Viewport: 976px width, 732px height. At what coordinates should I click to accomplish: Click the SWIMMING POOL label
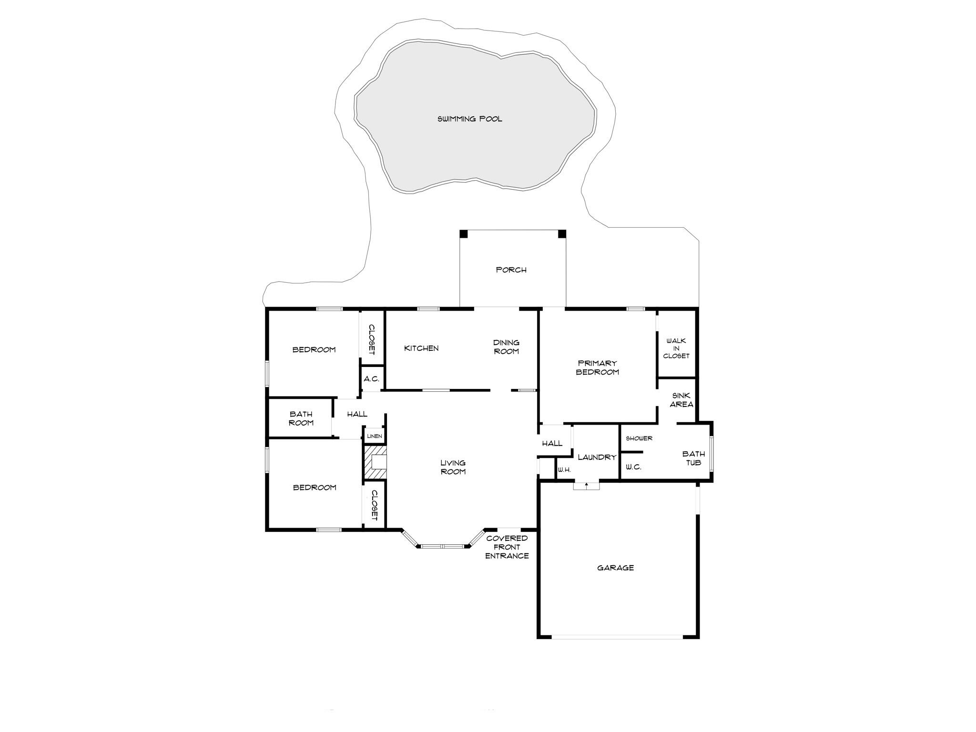pyautogui.click(x=470, y=119)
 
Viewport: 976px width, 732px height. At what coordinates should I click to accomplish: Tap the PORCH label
pyautogui.click(x=511, y=270)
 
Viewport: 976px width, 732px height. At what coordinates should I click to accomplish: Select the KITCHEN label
pyautogui.click(x=421, y=348)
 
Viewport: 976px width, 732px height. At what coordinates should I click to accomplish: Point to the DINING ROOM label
pyautogui.click(x=506, y=347)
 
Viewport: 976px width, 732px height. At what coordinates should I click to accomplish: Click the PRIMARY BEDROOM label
pyautogui.click(x=598, y=367)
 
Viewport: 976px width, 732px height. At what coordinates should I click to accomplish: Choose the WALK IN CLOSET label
pyautogui.click(x=676, y=348)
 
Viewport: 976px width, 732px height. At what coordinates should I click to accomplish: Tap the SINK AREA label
pyautogui.click(x=681, y=400)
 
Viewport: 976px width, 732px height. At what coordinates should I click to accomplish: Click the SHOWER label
pyautogui.click(x=639, y=438)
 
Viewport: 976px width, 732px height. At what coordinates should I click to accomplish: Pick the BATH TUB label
pyautogui.click(x=693, y=458)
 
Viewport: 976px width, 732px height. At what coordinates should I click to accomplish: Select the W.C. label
pyautogui.click(x=633, y=467)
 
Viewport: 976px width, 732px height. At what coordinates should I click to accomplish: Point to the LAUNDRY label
pyautogui.click(x=597, y=457)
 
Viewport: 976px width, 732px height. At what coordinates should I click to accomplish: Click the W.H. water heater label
pyautogui.click(x=564, y=470)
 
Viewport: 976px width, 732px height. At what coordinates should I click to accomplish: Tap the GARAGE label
pyautogui.click(x=615, y=568)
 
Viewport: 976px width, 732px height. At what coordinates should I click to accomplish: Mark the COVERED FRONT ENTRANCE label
pyautogui.click(x=507, y=547)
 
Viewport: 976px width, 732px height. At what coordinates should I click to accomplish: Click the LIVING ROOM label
pyautogui.click(x=453, y=467)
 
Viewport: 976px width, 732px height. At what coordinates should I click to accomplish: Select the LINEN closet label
pyautogui.click(x=375, y=436)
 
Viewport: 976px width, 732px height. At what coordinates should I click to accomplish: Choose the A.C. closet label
pyautogui.click(x=371, y=379)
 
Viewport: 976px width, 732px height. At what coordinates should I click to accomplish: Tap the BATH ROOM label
pyautogui.click(x=301, y=418)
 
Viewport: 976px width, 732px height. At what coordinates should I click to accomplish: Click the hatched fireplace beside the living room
pyautogui.click(x=375, y=462)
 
